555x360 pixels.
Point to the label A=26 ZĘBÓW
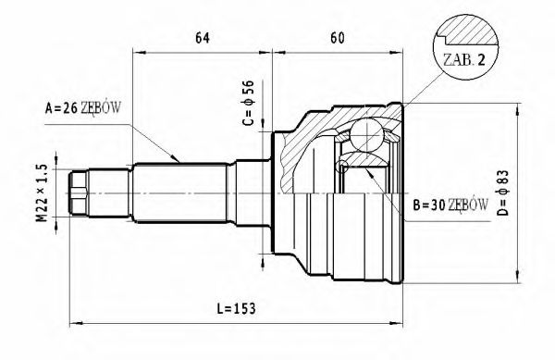tap(83, 107)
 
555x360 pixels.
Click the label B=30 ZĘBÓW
tap(451, 205)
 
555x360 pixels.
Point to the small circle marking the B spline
tap(343, 168)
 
